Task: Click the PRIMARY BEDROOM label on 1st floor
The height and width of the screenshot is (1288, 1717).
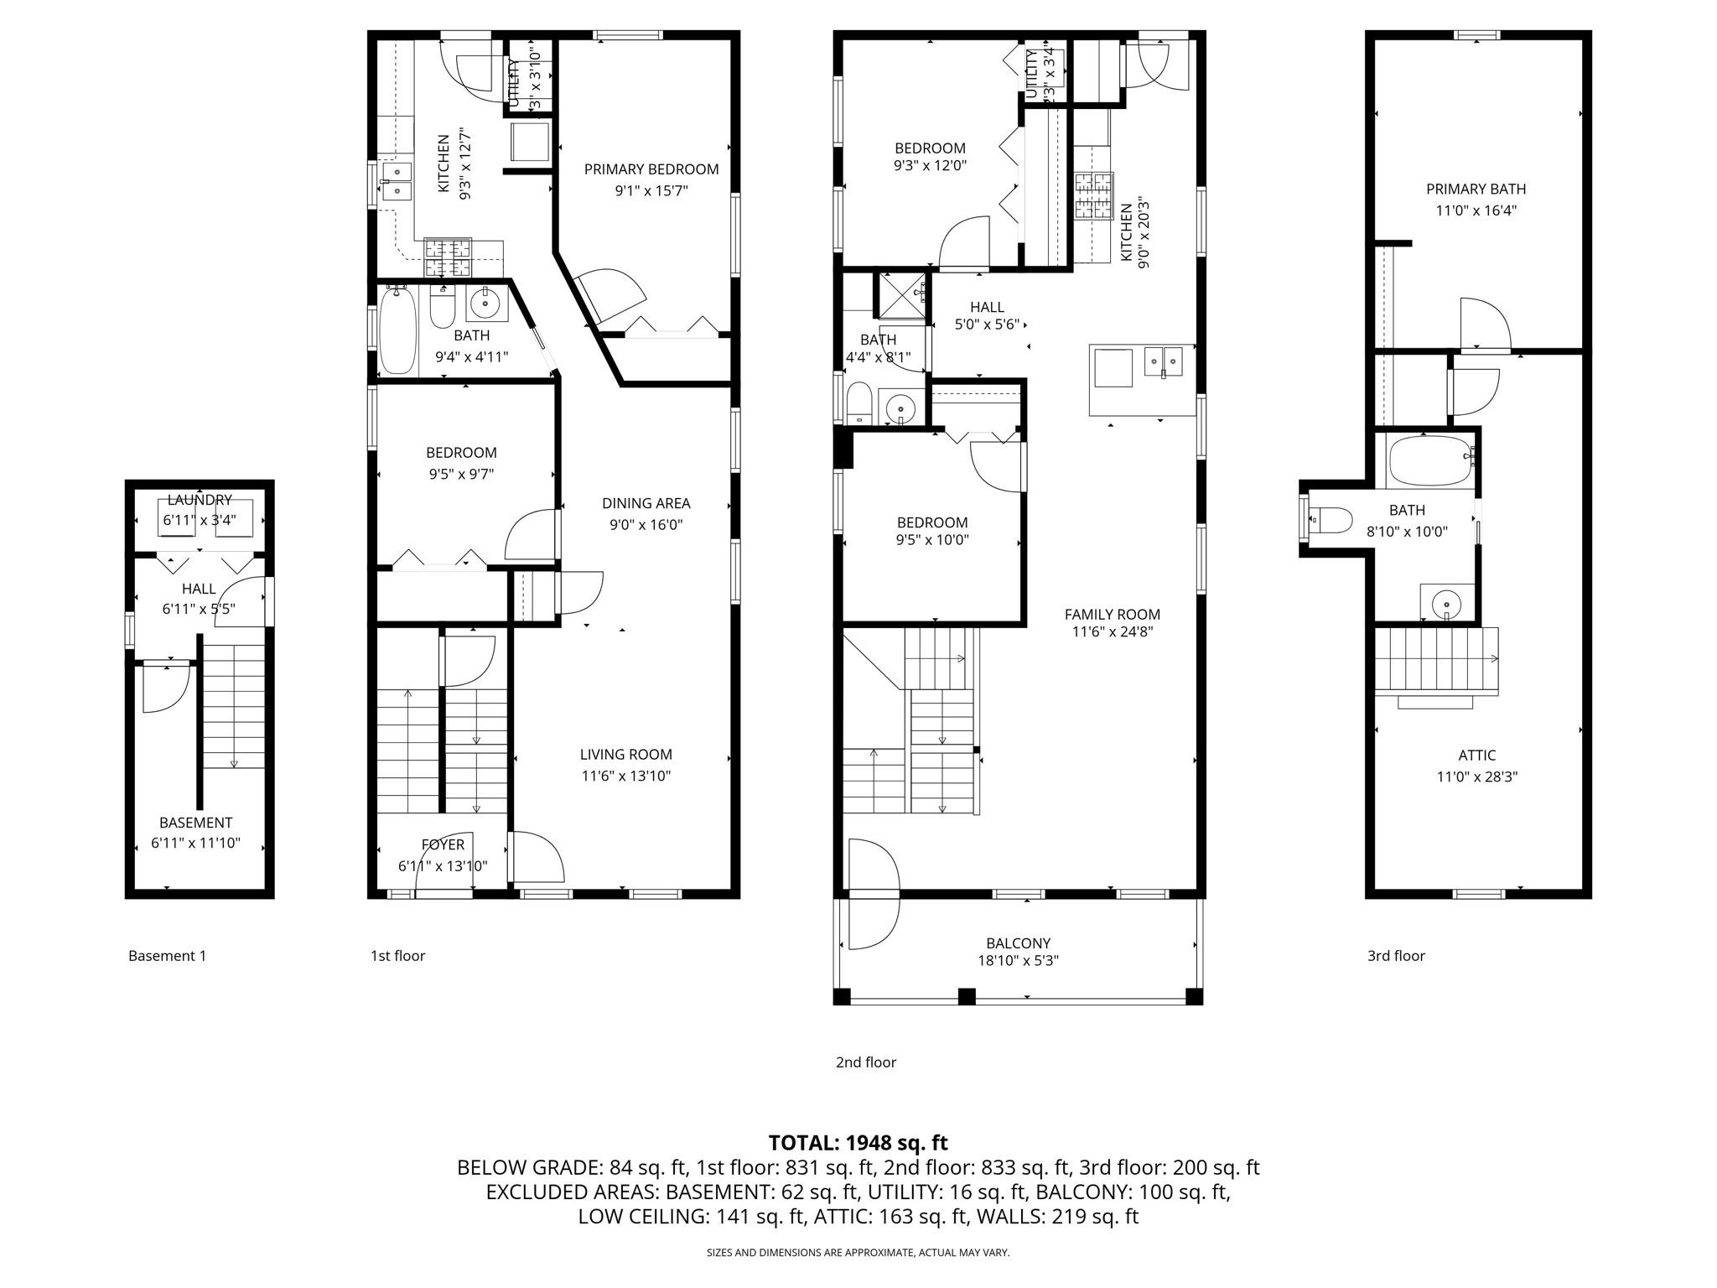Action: [651, 169]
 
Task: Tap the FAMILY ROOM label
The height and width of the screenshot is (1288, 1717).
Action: [1113, 614]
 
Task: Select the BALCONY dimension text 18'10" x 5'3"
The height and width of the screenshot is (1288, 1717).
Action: [1018, 961]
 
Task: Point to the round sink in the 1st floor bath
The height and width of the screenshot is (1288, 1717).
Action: [485, 304]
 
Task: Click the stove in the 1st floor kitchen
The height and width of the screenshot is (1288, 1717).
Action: [448, 257]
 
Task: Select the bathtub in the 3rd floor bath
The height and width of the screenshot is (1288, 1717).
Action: [1430, 460]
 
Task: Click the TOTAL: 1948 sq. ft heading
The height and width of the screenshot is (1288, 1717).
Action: [858, 1142]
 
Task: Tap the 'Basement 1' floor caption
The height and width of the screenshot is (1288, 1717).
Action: [167, 956]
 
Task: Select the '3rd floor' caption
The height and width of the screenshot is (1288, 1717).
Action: [1396, 956]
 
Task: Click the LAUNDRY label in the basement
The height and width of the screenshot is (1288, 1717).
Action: [200, 500]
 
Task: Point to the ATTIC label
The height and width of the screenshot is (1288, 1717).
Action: [1476, 756]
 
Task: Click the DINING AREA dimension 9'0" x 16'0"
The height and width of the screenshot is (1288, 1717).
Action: [646, 525]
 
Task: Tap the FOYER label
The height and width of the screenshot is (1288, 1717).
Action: [442, 845]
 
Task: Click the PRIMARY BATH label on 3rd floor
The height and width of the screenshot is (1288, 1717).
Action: [1476, 190]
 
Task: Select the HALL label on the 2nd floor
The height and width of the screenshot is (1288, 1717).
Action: [987, 308]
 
